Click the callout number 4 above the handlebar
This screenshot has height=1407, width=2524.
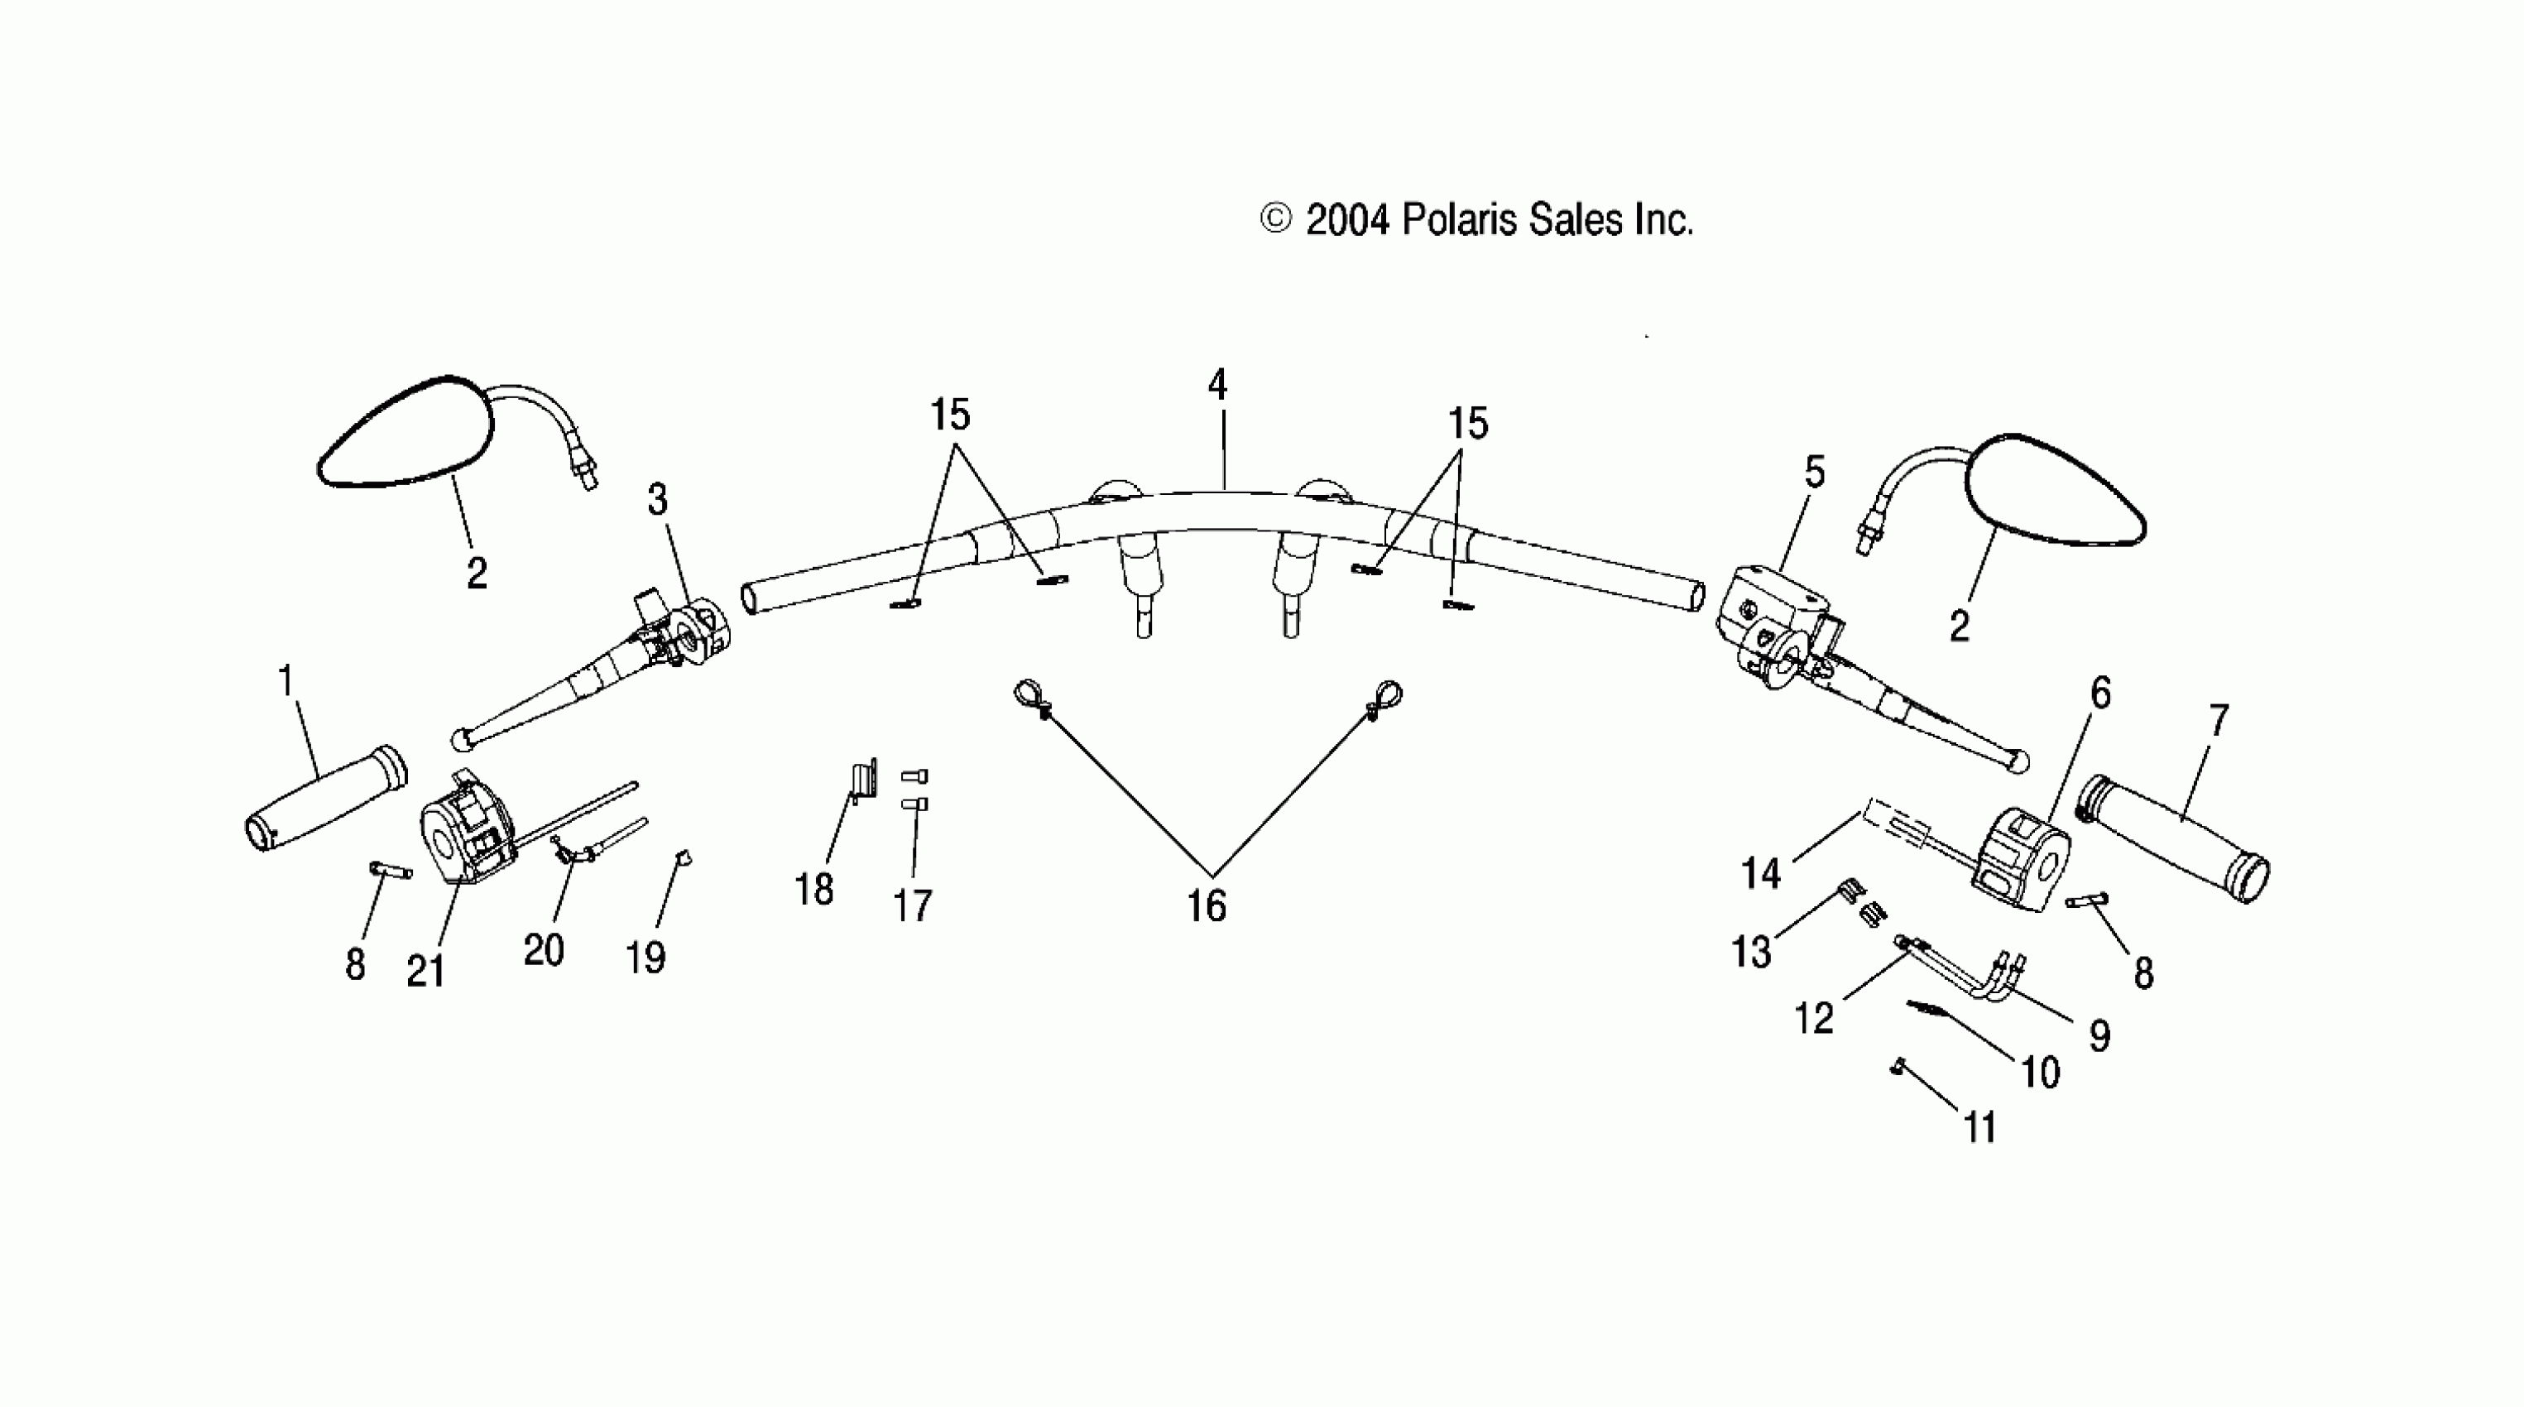coord(1217,384)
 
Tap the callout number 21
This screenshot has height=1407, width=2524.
coord(425,971)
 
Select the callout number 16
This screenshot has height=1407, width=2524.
coord(1207,906)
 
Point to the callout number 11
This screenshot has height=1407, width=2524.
coord(1980,1128)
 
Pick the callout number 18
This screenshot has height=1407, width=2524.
coord(813,890)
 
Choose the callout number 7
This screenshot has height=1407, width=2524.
coord(2219,721)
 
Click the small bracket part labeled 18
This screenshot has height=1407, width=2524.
coord(861,781)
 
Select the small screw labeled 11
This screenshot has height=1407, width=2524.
coord(1898,1067)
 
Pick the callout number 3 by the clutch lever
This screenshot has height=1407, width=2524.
coord(657,499)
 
